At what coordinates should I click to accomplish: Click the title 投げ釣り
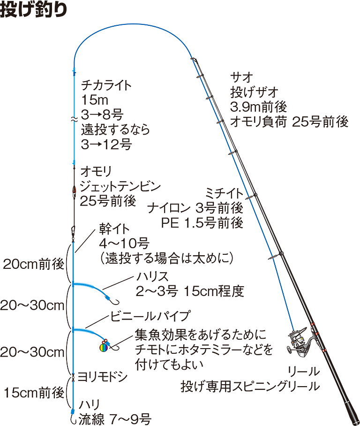tap(30, 10)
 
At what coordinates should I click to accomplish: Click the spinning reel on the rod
tap(300, 340)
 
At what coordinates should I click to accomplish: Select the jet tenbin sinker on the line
tap(74, 190)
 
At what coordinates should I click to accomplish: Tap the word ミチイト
tap(224, 193)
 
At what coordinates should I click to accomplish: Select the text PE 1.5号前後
tap(202, 222)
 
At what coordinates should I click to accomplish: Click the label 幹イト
tap(111, 229)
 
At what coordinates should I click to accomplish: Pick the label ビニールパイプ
tap(150, 315)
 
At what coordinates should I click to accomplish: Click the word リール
tap(304, 372)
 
